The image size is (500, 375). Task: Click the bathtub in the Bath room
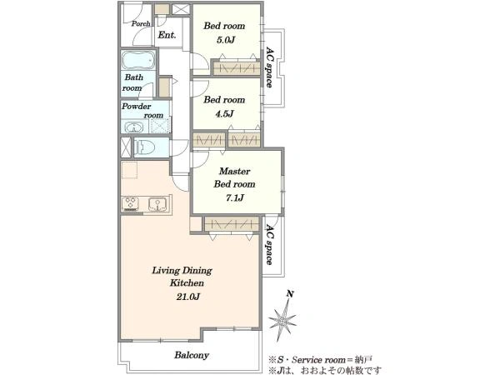[x=138, y=60]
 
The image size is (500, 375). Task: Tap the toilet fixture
[x=145, y=147]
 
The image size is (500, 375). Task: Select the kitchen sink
[x=157, y=204]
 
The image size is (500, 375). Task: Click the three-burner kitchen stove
[x=131, y=204]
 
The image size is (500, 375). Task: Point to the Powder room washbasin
[x=134, y=127]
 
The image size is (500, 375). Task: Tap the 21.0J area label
[x=188, y=297]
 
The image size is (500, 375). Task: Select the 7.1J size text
[x=235, y=198]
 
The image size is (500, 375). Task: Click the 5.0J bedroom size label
[x=226, y=40]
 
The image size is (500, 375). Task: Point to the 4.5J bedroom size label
[x=224, y=114]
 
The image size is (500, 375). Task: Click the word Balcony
[x=192, y=355]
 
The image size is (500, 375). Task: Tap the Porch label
[x=141, y=23]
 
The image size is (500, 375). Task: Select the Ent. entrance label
[x=167, y=35]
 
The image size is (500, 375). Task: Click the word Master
[x=235, y=171]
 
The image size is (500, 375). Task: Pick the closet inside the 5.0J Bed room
[x=237, y=68]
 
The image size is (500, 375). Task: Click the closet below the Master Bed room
[x=231, y=224]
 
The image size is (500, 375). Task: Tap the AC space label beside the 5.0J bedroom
[x=269, y=67]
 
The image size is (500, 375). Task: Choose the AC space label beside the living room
[x=269, y=244]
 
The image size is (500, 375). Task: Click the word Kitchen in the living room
[x=187, y=283]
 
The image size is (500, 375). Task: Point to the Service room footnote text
[x=320, y=360]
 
